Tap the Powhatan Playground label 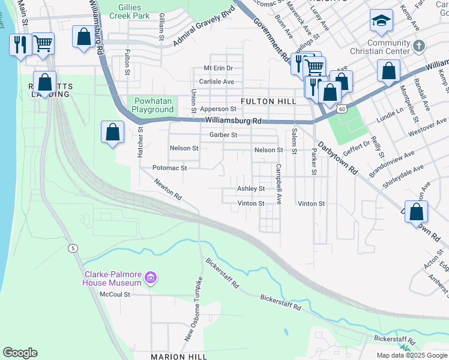[153, 105]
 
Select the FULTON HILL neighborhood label [268, 101]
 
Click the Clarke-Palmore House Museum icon [151, 278]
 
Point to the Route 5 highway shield [73, 248]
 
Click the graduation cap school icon [381, 22]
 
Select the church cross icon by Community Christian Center [420, 45]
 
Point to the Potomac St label [170, 168]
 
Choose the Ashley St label [251, 188]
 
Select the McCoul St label [115, 294]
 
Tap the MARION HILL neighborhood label [179, 356]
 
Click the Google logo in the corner [20, 352]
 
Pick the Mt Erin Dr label [218, 68]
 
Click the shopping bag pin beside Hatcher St [113, 132]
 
